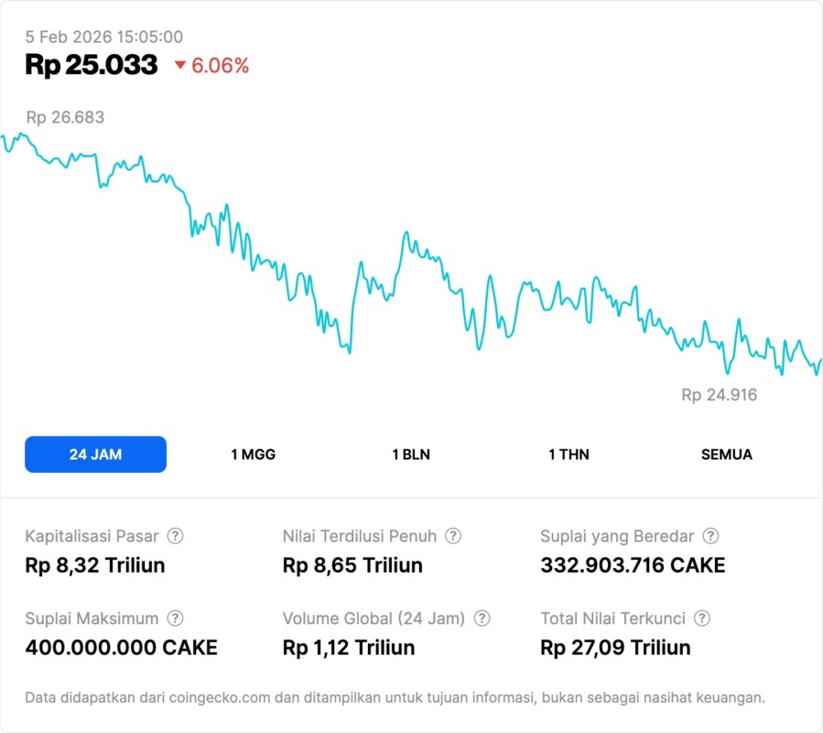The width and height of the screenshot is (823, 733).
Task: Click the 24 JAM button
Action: (95, 454)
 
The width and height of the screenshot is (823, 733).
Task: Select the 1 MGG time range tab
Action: (253, 454)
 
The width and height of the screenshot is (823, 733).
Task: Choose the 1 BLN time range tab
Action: (411, 454)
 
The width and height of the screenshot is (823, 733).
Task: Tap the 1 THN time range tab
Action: (569, 454)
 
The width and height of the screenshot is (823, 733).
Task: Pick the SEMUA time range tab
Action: (727, 454)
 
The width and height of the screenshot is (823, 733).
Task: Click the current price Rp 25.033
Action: (92, 65)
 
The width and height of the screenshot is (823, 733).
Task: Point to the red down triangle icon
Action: (179, 65)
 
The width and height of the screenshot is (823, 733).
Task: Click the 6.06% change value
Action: (220, 66)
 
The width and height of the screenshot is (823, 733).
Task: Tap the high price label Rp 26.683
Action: (65, 117)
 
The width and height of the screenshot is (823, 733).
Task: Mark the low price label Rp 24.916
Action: (720, 395)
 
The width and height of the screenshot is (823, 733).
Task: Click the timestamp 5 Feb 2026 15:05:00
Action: (104, 37)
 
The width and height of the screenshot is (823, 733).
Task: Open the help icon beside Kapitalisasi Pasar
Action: (175, 536)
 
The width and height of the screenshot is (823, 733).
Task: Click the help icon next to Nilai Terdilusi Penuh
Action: (453, 536)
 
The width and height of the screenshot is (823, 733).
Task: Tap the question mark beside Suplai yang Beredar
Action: (710, 536)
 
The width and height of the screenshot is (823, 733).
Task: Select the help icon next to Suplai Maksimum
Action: (175, 618)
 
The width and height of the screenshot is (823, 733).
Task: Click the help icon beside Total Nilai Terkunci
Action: (702, 618)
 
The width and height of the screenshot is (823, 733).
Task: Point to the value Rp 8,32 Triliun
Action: (95, 565)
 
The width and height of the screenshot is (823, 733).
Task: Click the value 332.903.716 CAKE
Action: (633, 565)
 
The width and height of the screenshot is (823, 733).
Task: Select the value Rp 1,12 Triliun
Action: (349, 648)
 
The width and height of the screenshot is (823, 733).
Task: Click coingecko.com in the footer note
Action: (219, 697)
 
